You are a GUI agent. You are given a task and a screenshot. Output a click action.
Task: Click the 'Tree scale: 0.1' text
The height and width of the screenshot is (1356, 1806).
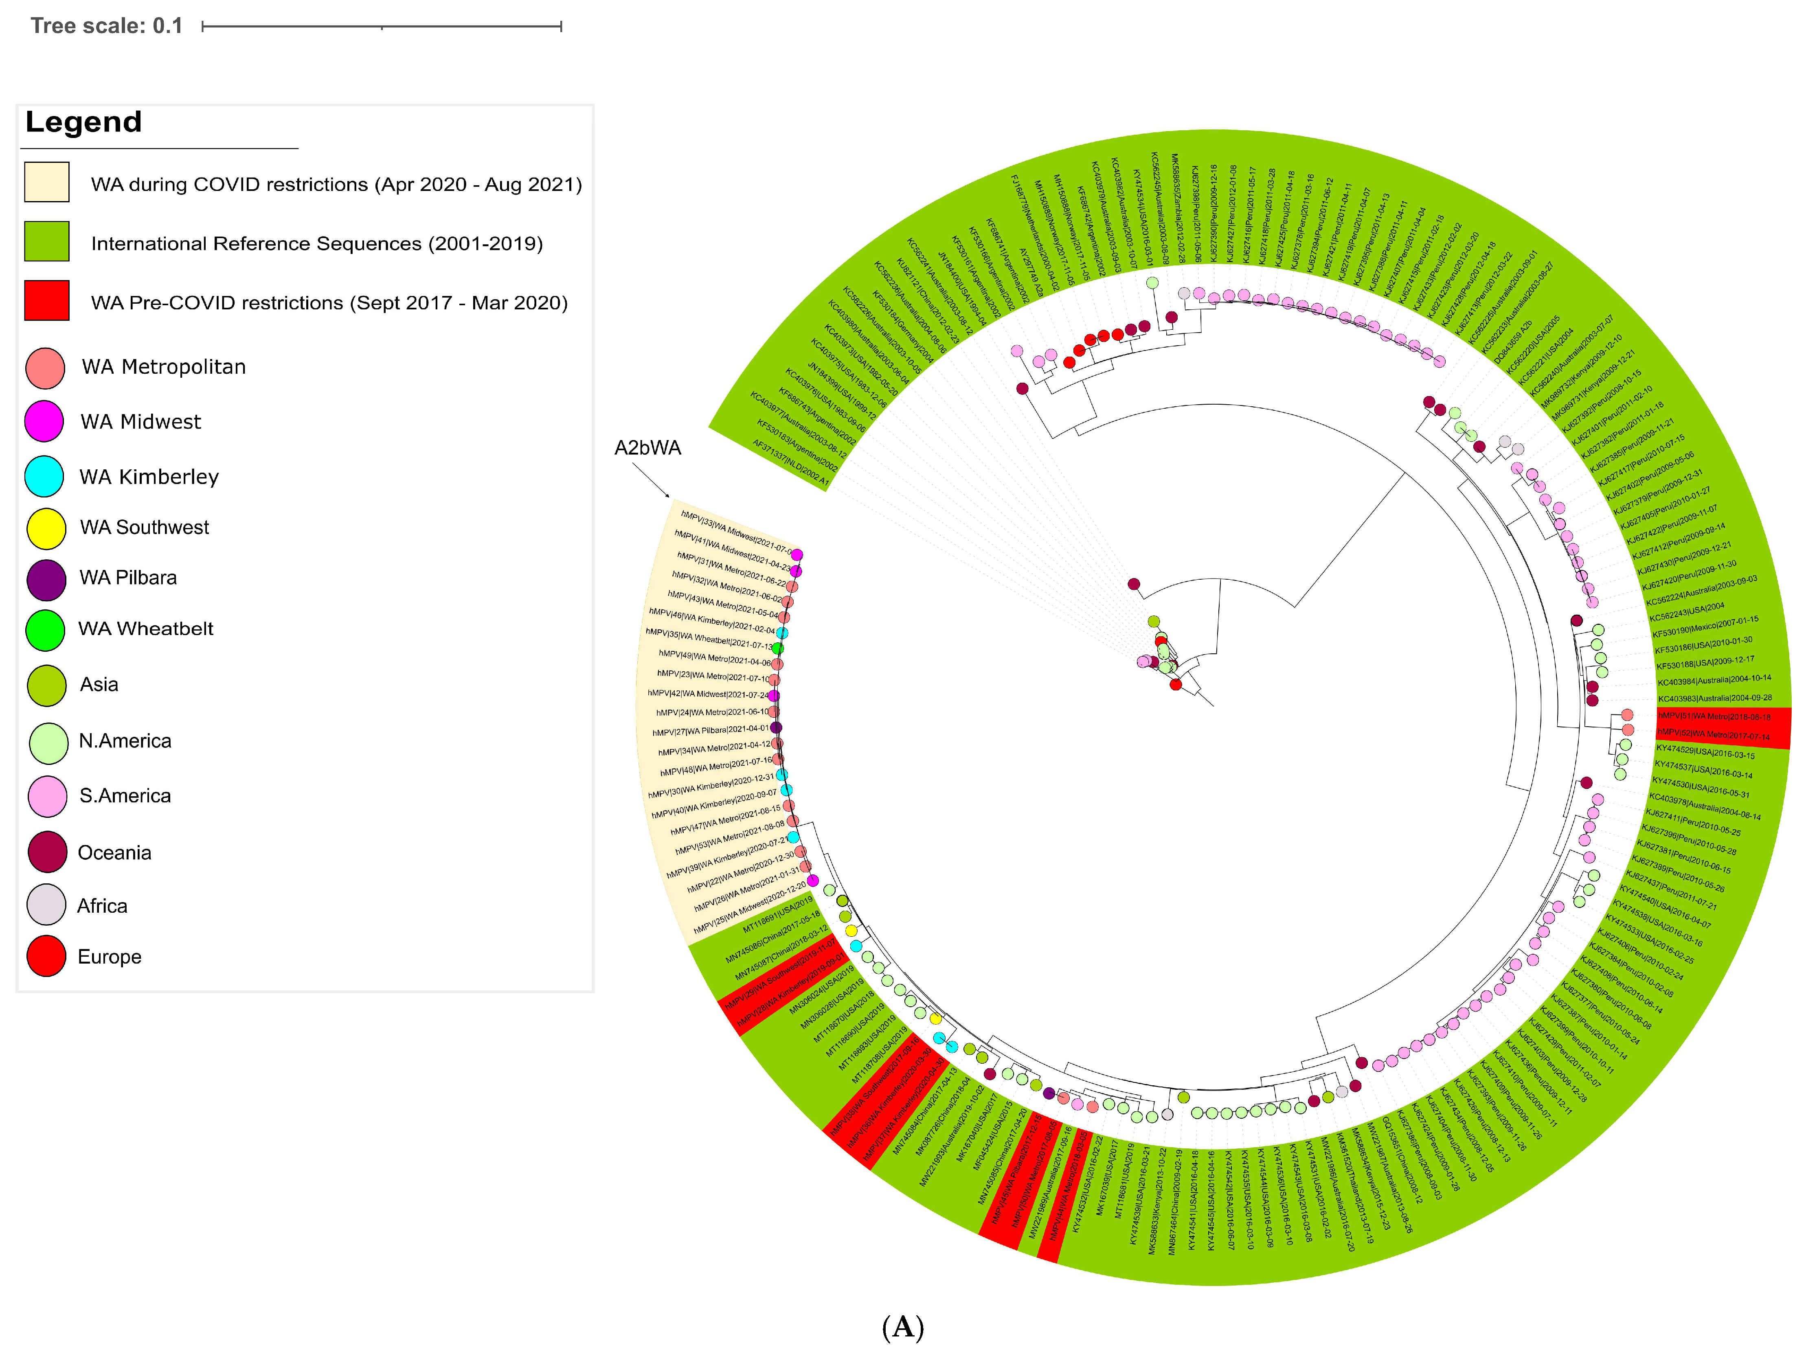click(x=106, y=26)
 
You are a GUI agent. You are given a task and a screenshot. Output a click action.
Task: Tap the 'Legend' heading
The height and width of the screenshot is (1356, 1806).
click(x=83, y=123)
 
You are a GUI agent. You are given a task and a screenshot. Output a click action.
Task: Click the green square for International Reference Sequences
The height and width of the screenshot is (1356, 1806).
click(x=46, y=242)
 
